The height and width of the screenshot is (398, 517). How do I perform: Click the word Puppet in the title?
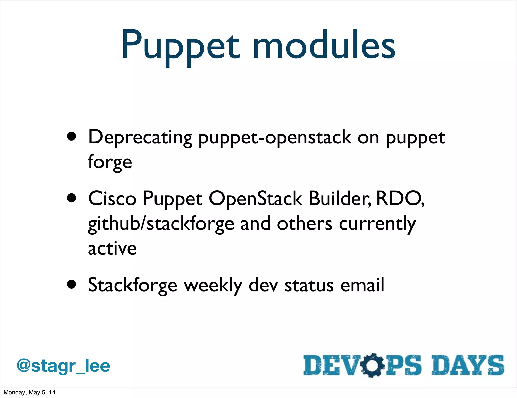[180, 45]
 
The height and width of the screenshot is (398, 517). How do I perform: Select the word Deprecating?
[140, 138]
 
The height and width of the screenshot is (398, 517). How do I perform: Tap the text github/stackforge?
[161, 224]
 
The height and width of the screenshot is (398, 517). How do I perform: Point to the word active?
[112, 249]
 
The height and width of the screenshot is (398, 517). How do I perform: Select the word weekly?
[213, 285]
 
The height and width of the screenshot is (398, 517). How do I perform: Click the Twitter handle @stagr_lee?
[63, 366]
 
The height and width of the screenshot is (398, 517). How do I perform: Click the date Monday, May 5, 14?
[29, 392]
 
